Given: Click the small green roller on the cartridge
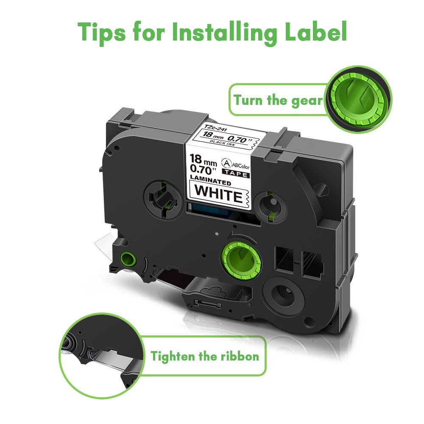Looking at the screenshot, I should (126, 258).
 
